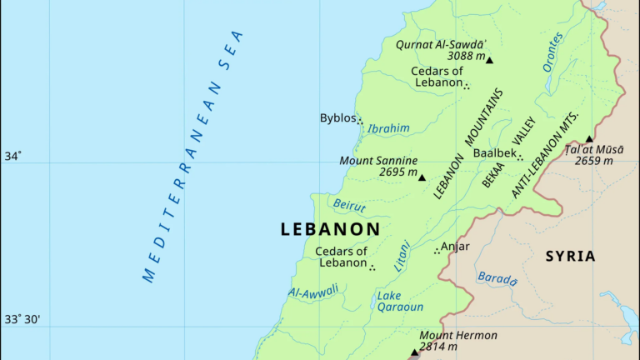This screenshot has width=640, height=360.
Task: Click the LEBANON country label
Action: pos(330,228)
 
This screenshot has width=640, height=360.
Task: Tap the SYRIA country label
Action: pos(570,256)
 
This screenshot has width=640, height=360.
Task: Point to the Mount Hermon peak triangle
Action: pos(414,352)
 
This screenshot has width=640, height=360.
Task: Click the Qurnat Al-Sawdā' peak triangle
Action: pos(490,60)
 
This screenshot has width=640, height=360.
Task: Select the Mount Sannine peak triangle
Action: pos(422,177)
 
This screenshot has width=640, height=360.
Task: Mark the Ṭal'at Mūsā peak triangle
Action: pos(589,139)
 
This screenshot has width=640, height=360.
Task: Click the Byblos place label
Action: pos(337,118)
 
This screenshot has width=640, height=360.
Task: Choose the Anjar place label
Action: pos(455,246)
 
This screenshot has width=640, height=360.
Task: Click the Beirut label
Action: pos(349,204)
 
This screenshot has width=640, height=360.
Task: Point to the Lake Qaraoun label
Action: pos(400,301)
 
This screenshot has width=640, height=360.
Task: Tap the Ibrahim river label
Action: pos(388,128)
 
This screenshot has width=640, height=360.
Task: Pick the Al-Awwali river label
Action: pos(313,292)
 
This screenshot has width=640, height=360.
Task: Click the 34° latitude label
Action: pos(13,156)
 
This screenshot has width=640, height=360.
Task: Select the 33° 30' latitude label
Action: pos(23,319)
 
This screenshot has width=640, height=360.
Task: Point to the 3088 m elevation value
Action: pos(466,56)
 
